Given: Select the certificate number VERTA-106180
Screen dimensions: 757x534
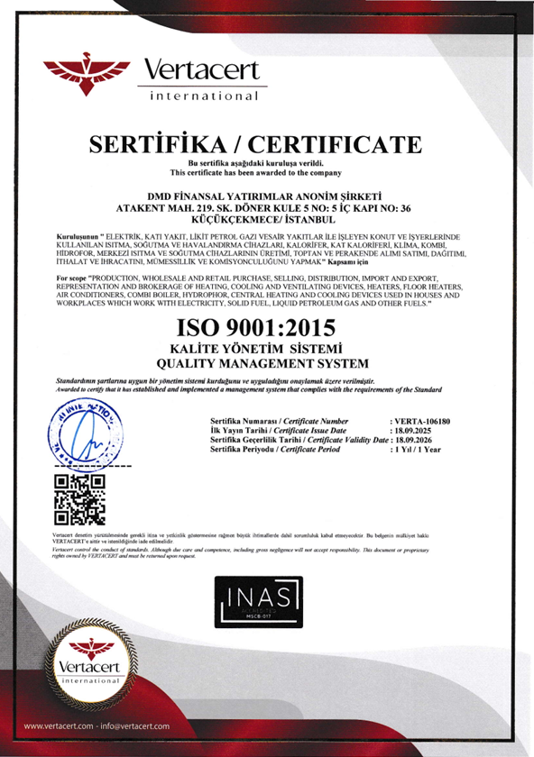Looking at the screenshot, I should coord(420,421).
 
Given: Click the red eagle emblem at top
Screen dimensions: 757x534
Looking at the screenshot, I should coord(88,71).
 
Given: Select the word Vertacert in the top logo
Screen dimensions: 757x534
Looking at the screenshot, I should coord(201,69).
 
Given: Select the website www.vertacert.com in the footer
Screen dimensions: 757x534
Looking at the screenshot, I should coord(62,725).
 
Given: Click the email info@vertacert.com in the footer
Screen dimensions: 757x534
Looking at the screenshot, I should coord(134,725).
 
